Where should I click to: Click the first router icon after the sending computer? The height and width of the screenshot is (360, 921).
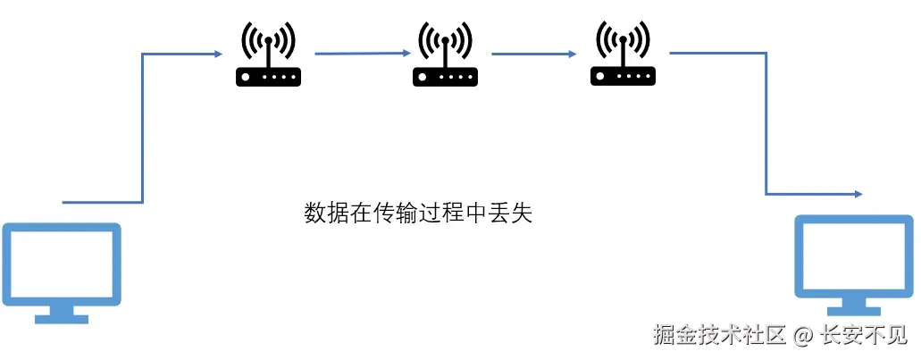pyautogui.click(x=268, y=57)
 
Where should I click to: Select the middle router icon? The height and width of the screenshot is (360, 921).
pyautogui.click(x=446, y=57)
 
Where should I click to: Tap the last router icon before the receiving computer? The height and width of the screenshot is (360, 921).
pyautogui.click(x=623, y=57)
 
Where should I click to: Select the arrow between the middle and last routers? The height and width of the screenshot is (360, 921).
pyautogui.click(x=533, y=54)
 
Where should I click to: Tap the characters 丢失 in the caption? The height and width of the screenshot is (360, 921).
pyautogui.click(x=513, y=213)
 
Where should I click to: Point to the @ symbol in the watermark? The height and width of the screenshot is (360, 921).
pyautogui.click(x=801, y=336)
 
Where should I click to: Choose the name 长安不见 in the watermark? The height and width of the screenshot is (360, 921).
pyautogui.click(x=863, y=336)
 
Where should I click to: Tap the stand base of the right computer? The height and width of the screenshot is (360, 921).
pyautogui.click(x=854, y=307)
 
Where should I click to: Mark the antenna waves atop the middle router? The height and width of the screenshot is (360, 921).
pyautogui.click(x=446, y=38)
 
